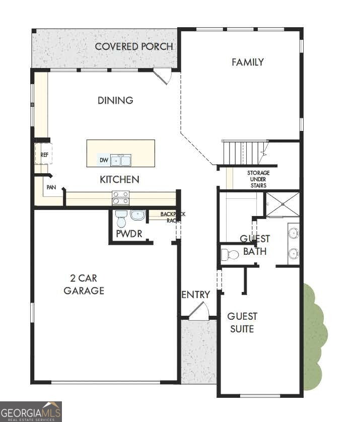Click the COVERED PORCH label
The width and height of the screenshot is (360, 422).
tap(134, 47)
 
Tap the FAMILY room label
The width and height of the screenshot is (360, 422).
tap(247, 62)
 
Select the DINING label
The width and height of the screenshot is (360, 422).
tap(115, 100)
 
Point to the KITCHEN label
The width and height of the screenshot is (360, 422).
tap(119, 179)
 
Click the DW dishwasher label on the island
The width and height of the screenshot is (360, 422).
tap(104, 161)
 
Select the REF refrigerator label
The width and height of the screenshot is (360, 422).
tap(44, 155)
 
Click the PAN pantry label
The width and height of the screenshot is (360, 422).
tap(51, 187)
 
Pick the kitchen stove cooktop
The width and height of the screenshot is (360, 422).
tap(121, 198)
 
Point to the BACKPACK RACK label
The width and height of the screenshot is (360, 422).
tap(173, 217)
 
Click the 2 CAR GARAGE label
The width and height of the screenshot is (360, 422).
tap(84, 284)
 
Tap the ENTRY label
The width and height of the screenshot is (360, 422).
tap(195, 295)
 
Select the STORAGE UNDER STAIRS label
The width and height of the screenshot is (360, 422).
tap(258, 179)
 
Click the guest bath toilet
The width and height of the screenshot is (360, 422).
tap(231, 254)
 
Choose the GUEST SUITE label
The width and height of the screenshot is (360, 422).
tap(242, 322)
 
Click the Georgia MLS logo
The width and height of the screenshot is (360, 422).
tap(31, 411)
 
